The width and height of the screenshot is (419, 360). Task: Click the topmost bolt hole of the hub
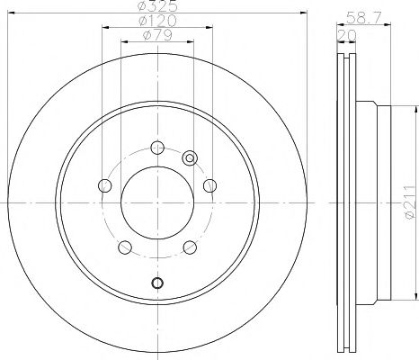click(x=157, y=148)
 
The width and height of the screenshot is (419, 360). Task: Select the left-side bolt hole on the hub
click(x=104, y=186)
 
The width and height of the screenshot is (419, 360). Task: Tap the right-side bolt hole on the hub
click(x=210, y=186)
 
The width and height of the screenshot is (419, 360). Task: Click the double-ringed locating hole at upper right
click(x=190, y=158)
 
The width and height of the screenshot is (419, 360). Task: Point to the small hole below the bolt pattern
click(x=157, y=284)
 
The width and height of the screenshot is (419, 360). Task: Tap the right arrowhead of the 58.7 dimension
click(x=394, y=26)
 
